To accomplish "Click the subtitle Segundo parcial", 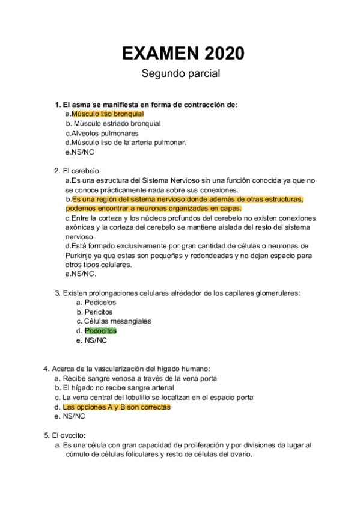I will point(180,74).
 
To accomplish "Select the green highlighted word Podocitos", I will point(100,331).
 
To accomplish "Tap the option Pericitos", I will point(98,312).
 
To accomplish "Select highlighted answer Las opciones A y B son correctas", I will point(117,407).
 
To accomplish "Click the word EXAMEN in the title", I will point(159,54).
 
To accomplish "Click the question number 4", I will point(46,368).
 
